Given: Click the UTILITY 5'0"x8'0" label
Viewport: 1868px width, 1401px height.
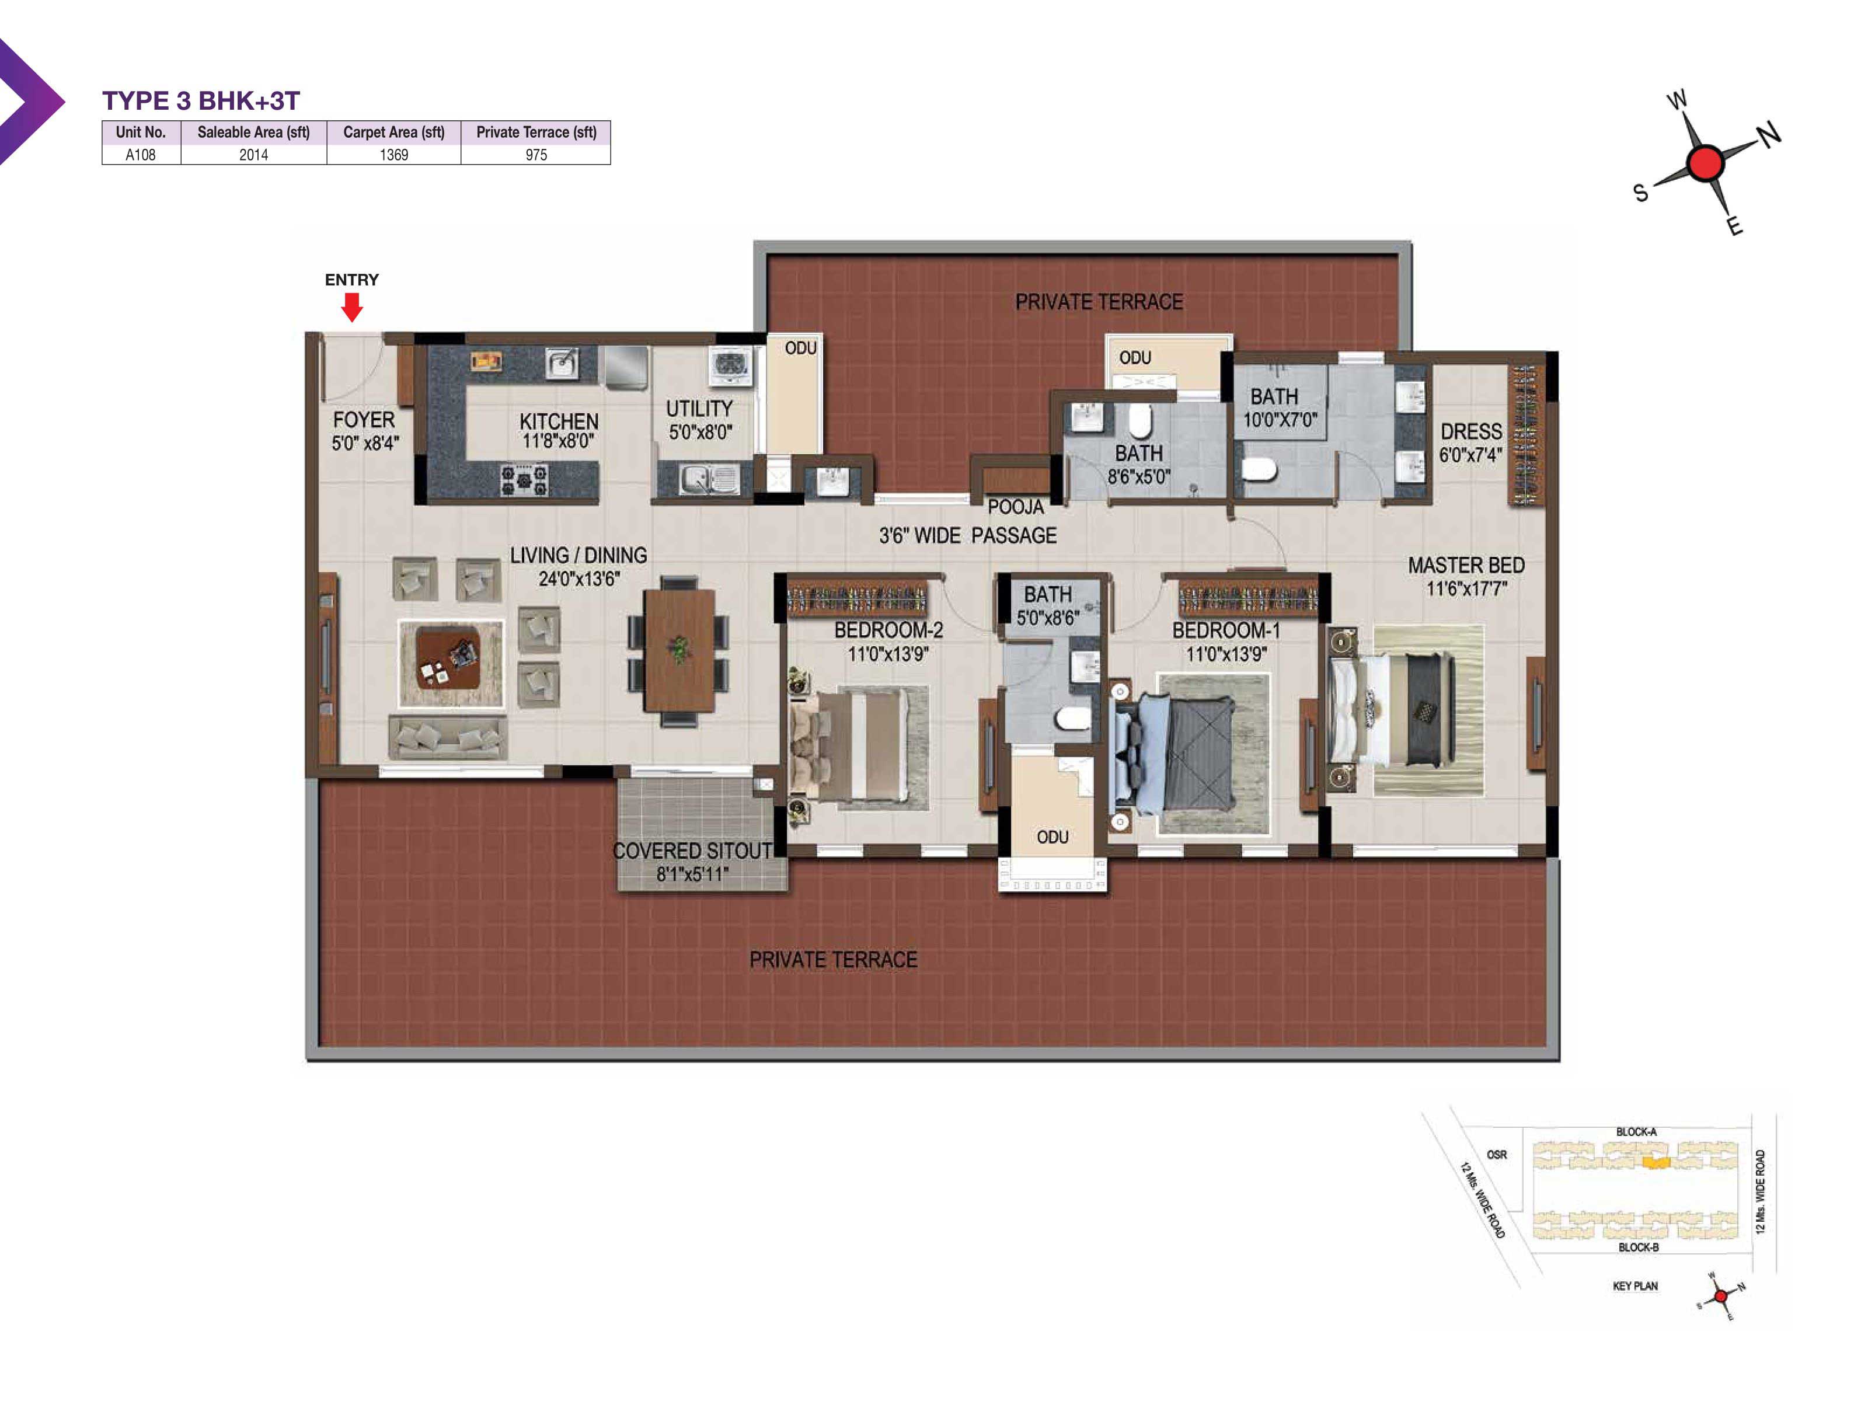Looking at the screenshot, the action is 699,420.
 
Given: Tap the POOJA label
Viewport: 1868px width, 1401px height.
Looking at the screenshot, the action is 1016,507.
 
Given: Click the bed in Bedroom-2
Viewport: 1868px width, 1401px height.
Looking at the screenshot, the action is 857,744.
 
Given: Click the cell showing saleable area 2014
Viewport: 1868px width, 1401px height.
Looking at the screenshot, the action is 253,155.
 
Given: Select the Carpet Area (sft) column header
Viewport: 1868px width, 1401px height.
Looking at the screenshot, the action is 393,132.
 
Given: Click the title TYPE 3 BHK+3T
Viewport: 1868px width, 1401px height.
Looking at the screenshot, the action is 201,100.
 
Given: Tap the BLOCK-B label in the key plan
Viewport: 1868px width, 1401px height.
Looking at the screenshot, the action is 1639,1246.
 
